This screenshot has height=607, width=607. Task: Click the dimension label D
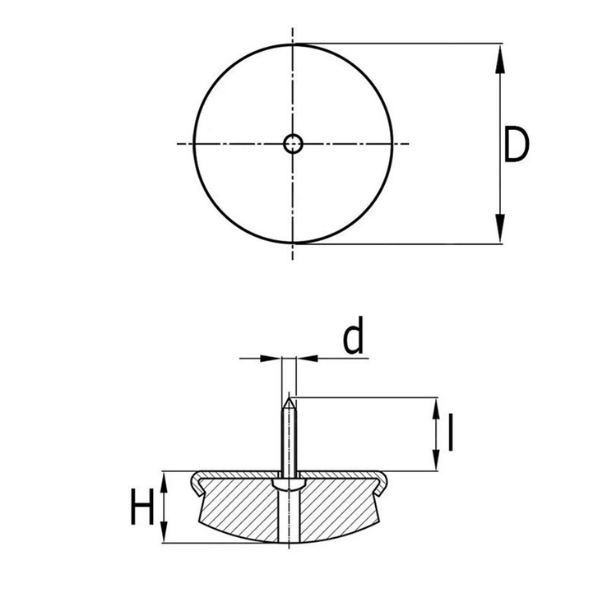click(517, 144)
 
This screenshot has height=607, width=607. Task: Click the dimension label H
click(142, 507)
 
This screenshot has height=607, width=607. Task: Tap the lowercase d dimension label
click(354, 336)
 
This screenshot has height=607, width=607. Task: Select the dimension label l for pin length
click(450, 433)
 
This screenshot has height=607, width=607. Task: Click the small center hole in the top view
click(293, 144)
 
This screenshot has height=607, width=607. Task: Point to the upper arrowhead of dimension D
click(500, 58)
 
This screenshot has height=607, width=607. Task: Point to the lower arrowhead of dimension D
click(500, 229)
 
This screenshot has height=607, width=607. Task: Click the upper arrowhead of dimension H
click(164, 482)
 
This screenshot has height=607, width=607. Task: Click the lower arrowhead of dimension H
click(164, 532)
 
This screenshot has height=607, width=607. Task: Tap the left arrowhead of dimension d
click(271, 359)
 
